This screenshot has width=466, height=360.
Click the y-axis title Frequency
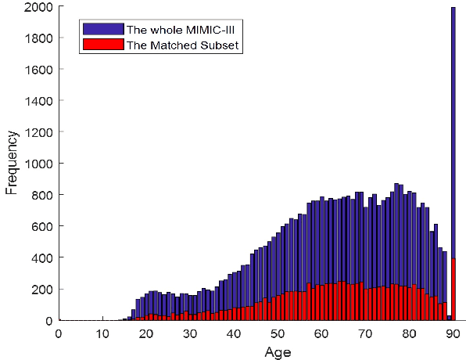[x=12, y=164]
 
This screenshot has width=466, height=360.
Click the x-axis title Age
[x=278, y=351]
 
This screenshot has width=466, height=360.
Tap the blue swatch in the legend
[x=102, y=29]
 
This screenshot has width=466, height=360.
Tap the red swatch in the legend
[x=102, y=45]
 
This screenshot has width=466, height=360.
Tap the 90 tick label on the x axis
[x=453, y=333]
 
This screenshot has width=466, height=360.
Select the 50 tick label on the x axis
[x=278, y=333]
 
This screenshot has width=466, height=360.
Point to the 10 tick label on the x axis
[x=102, y=333]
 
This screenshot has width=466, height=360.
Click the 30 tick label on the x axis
[x=190, y=333]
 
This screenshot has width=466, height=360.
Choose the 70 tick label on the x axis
[x=365, y=333]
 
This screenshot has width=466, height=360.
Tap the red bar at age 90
[x=453, y=290]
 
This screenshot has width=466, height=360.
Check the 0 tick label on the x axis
[x=59, y=333]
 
